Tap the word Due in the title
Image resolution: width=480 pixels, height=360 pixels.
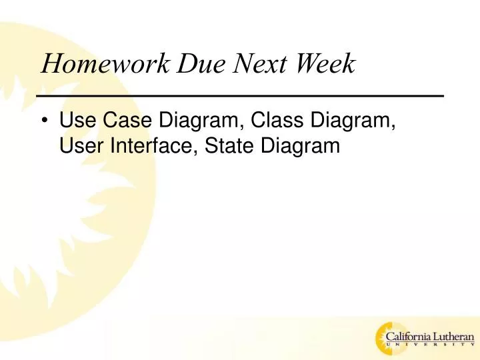click(x=198, y=64)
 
